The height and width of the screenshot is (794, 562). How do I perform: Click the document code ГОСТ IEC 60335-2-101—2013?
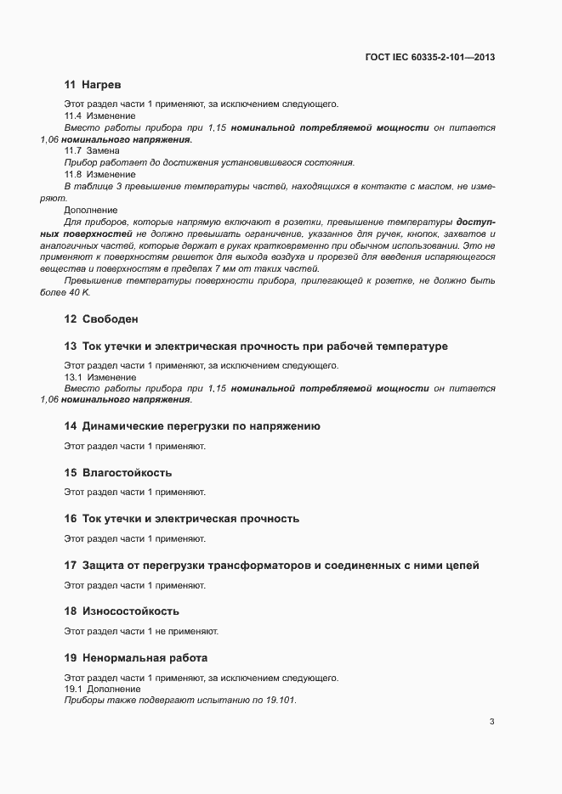[431, 57]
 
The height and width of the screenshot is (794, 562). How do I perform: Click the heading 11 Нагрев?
[94, 85]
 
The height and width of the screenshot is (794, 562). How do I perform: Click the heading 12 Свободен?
[101, 319]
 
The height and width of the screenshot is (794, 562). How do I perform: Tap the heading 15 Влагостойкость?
[118, 472]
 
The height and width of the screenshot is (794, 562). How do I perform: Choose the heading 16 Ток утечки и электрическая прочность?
[181, 518]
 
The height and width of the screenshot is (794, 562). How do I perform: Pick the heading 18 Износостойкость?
[122, 611]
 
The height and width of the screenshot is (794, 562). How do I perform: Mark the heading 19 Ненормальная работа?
[136, 657]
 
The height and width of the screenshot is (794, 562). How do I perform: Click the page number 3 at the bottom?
[491, 722]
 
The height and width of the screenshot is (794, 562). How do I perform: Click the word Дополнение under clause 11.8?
[91, 209]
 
